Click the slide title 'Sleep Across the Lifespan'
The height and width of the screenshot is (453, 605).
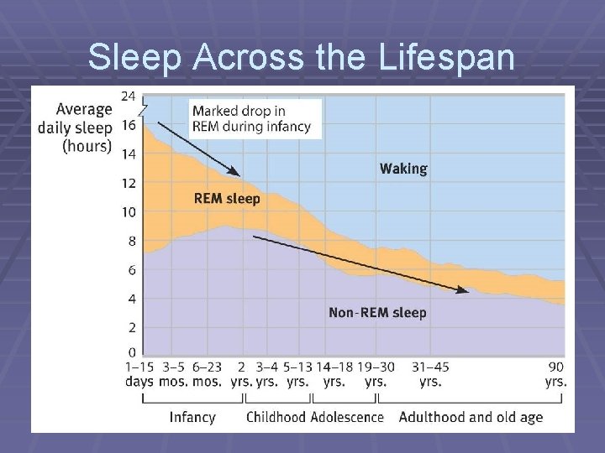(x=302, y=57)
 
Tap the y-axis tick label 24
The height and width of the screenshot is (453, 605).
(x=128, y=96)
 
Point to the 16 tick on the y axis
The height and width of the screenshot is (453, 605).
(x=128, y=125)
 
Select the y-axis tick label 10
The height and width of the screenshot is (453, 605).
(x=128, y=212)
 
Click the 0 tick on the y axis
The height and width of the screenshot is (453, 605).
(x=131, y=351)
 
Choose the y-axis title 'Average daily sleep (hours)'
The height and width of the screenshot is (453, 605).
(x=76, y=127)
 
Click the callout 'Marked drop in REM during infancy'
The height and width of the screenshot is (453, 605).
(x=251, y=119)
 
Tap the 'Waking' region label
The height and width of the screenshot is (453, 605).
(x=403, y=169)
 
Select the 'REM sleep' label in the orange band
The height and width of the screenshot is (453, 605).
(x=227, y=199)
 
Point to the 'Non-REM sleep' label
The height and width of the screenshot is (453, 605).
(x=377, y=313)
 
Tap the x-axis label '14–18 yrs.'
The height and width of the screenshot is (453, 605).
(x=334, y=373)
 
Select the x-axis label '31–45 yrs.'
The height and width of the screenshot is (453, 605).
(x=429, y=373)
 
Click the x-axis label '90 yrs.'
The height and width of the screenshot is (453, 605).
(x=555, y=373)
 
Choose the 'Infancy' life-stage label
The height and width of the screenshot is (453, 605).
(x=192, y=417)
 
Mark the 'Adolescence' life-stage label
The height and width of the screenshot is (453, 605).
(x=347, y=417)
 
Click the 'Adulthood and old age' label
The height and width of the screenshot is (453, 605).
(x=471, y=417)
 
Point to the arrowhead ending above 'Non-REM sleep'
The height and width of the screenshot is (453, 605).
(x=464, y=290)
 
